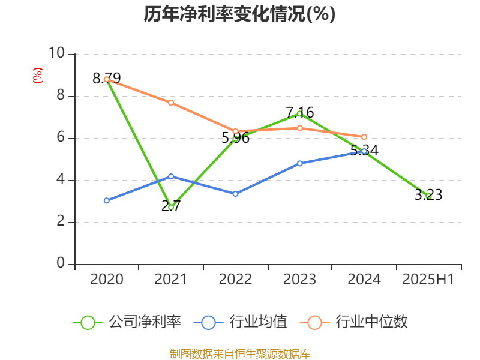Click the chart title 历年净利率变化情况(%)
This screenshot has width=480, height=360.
pos(239,14)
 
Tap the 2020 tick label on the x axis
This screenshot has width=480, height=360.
pos(107,279)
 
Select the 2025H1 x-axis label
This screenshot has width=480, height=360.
pos(428,279)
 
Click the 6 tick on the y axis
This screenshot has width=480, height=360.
pos(61,138)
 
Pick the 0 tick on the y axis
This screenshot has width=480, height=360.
pos(61,264)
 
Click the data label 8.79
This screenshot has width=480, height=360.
pos(107,78)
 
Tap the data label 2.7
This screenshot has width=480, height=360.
pos(171,206)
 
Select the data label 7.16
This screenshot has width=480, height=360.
pos(300,112)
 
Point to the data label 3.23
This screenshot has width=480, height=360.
pos(428,194)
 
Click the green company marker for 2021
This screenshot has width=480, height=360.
pos(171,207)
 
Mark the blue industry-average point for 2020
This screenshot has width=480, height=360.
pos(107,200)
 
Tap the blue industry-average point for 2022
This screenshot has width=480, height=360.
pos(235,194)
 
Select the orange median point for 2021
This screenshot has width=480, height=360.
pos(171,103)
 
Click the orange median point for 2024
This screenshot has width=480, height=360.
pos(364,137)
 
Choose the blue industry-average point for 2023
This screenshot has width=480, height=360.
pos(300,163)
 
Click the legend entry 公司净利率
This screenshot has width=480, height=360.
pos(127,322)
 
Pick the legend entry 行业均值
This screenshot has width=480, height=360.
pos(241,322)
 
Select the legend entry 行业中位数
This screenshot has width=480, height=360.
pos(358,322)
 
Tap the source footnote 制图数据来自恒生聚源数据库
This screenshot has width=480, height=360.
pos(240,353)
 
